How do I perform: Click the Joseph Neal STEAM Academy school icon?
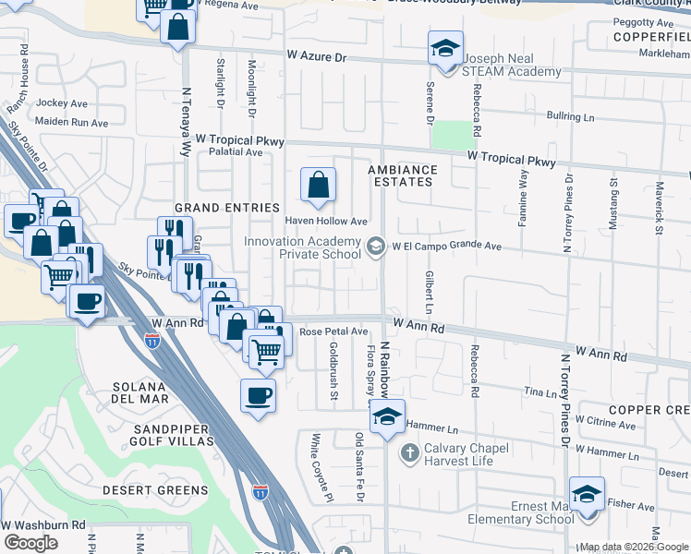(x=445, y=48)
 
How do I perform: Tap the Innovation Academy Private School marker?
(x=376, y=246)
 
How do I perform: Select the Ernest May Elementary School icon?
(x=586, y=495)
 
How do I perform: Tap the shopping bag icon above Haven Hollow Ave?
(x=318, y=185)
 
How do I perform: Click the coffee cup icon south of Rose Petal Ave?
(x=259, y=396)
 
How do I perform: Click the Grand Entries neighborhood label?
(x=227, y=208)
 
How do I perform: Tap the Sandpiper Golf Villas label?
(x=160, y=436)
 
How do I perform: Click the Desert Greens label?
(x=155, y=489)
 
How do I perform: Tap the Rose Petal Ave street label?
(x=333, y=331)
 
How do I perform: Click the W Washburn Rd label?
(x=43, y=524)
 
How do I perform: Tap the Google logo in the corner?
(x=30, y=543)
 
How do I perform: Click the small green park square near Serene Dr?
(x=450, y=136)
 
